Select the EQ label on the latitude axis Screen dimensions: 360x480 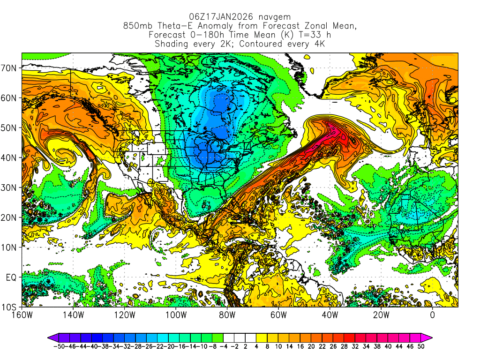point(12,277)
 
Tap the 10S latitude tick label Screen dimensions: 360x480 point(10,307)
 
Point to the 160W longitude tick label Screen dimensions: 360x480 point(22,315)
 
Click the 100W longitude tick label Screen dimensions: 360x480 point(176,315)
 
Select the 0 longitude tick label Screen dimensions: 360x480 point(433,315)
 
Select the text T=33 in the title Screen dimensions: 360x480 point(292,35)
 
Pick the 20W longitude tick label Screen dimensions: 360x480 point(381,315)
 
